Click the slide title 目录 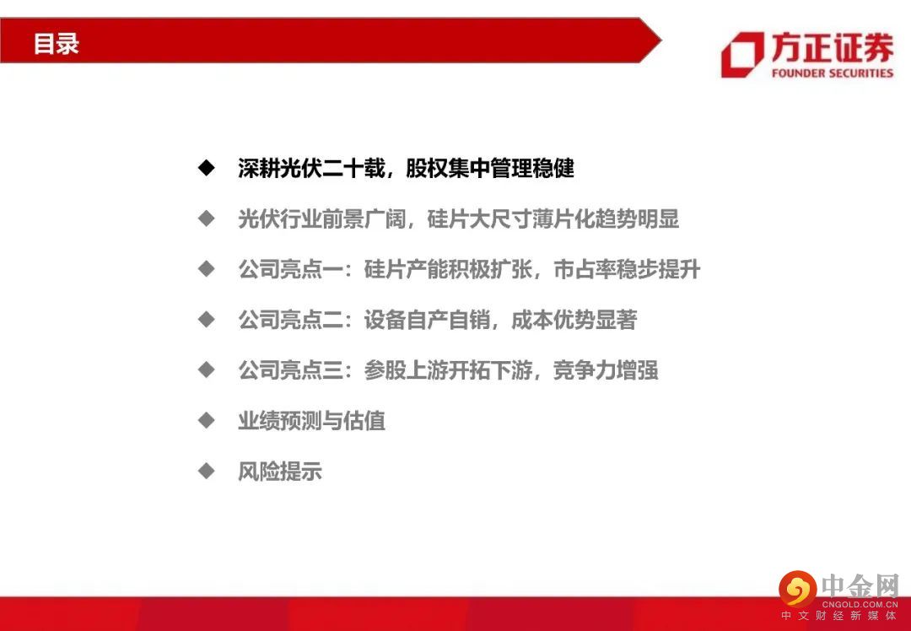point(56,44)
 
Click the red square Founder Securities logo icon point(742,55)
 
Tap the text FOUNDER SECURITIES point(832,73)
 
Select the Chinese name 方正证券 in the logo point(832,47)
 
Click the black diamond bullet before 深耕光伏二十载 point(207,169)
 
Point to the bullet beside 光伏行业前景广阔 point(207,219)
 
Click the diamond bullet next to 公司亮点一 point(207,269)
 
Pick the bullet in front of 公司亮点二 point(207,320)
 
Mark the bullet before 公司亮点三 point(207,370)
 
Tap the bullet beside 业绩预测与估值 point(207,421)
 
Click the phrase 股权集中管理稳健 point(490,169)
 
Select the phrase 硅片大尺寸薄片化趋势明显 point(553,219)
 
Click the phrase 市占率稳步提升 point(627,270)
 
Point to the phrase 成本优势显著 point(574,320)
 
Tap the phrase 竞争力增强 point(606,370)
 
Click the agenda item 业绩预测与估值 point(311,421)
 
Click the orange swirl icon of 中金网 point(798,589)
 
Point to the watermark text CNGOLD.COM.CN point(860,604)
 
